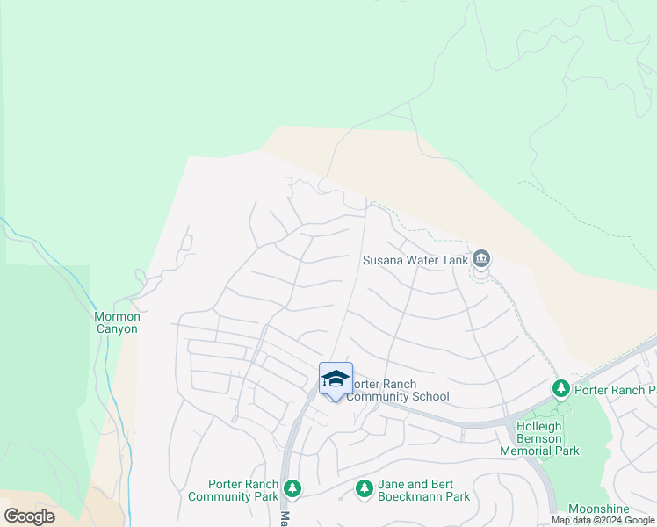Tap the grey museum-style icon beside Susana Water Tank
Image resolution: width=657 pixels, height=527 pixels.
(x=480, y=259)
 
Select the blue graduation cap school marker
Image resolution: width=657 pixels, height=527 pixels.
(x=336, y=379)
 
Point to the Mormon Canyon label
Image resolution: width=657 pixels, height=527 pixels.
(x=117, y=322)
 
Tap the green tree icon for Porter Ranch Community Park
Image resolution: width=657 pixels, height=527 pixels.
(x=292, y=487)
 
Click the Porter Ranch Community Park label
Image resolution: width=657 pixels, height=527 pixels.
(x=233, y=490)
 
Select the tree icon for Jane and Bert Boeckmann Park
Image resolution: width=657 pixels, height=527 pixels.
(x=365, y=488)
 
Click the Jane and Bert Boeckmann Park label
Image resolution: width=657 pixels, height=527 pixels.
(x=423, y=490)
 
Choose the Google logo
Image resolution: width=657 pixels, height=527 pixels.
(x=29, y=516)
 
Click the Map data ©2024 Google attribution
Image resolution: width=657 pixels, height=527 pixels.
(x=603, y=520)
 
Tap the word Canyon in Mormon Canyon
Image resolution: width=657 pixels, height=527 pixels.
(x=117, y=329)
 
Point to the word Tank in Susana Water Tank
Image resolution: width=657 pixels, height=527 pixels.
(x=451, y=260)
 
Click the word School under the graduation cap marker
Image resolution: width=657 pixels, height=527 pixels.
(x=429, y=397)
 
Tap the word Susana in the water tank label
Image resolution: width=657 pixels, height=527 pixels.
(x=382, y=260)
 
